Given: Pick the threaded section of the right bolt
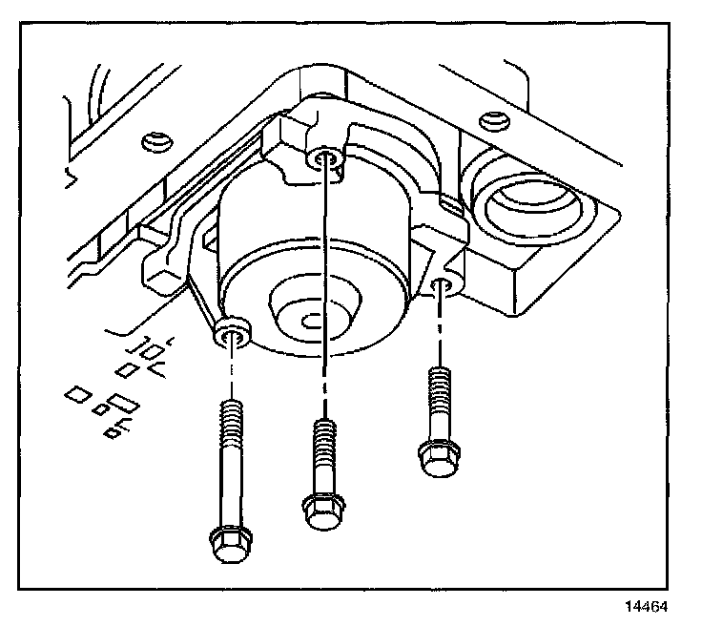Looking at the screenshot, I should pyautogui.click(x=438, y=392).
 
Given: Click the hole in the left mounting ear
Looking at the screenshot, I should pyautogui.click(x=232, y=331).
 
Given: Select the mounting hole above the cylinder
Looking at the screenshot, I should pyautogui.click(x=325, y=157).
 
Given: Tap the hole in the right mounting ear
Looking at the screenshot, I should pyautogui.click(x=440, y=283).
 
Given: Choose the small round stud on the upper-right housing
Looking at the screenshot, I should pyautogui.click(x=492, y=120).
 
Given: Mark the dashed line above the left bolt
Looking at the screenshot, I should pyautogui.click(x=231, y=372).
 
